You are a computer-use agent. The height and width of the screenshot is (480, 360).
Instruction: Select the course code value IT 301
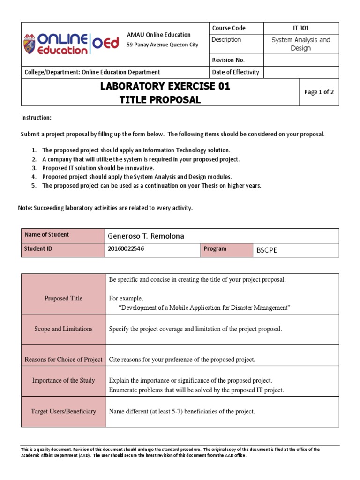301,28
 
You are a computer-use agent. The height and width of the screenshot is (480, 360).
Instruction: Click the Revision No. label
228,60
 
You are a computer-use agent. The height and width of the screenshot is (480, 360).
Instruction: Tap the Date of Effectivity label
235,72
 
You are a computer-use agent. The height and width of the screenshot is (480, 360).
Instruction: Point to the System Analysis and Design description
301,44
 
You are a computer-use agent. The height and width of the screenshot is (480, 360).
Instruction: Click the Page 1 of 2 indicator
319,92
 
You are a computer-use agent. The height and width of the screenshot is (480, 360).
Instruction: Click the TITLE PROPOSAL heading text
159,99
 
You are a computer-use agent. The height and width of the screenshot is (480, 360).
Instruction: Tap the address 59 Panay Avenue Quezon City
162,45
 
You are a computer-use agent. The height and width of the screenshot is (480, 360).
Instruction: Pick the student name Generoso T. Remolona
146,236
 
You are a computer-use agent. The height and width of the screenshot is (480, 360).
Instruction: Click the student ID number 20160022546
126,249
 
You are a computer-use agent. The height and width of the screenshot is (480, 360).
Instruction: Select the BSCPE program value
266,250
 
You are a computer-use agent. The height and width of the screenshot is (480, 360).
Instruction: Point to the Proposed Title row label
63,298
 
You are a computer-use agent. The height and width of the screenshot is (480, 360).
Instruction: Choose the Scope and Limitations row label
63,329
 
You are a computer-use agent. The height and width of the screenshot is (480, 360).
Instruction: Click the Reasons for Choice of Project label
63,360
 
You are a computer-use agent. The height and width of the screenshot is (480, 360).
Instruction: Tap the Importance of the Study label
63,381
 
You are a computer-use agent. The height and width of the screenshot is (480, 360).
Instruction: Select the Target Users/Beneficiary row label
63,411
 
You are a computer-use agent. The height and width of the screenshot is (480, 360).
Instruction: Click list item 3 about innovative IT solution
97,168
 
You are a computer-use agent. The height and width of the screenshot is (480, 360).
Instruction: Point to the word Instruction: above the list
36,117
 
